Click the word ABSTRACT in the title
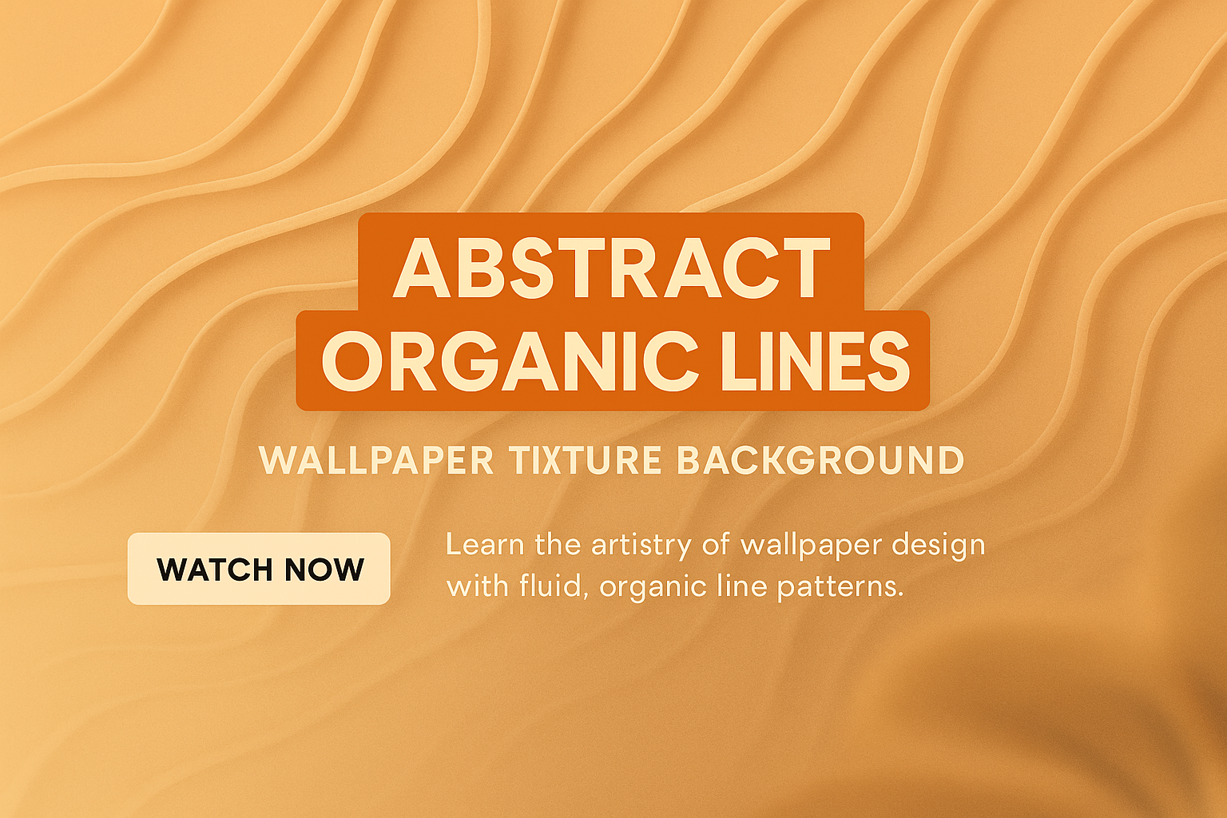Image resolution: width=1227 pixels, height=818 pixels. point(611,267)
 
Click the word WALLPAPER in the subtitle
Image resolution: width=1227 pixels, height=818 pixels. point(377,461)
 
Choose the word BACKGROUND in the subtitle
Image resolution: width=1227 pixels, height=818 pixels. point(820,461)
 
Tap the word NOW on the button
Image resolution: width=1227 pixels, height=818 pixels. point(324,570)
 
